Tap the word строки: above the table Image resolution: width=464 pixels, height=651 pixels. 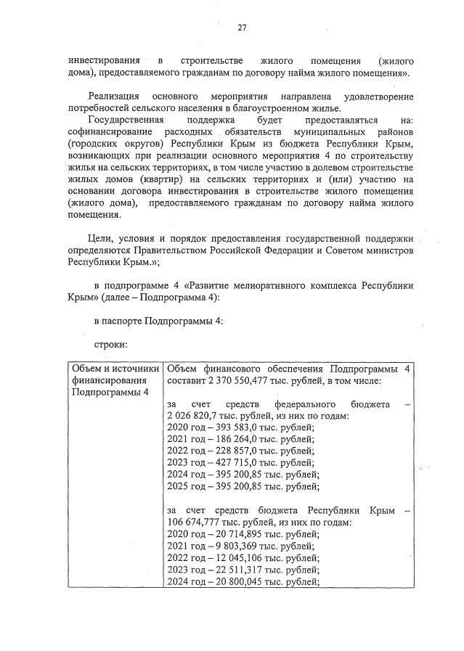[x=111, y=345]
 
